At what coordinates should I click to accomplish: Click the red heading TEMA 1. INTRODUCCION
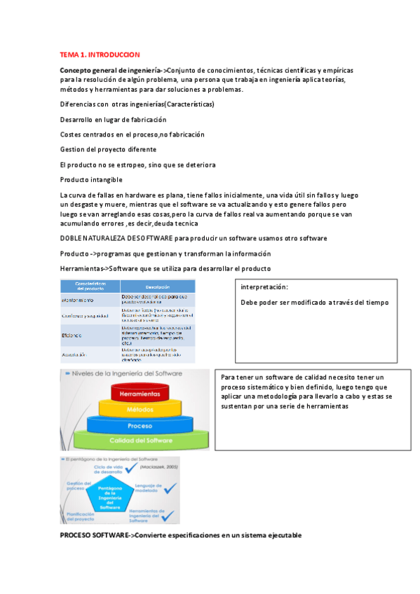point(100,54)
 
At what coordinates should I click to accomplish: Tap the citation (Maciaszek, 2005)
point(159,467)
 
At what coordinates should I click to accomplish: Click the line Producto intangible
point(91,179)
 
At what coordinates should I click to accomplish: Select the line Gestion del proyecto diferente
point(108,149)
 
